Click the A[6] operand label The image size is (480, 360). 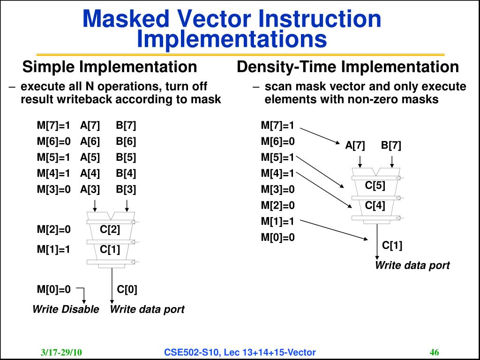(x=90, y=141)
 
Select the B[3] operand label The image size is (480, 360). (x=126, y=189)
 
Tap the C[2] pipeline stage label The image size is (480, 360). (x=110, y=230)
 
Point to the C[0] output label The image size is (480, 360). (x=127, y=289)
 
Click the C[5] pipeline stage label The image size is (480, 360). (x=375, y=186)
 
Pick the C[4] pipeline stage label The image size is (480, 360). (x=375, y=205)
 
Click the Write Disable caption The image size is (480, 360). (x=66, y=309)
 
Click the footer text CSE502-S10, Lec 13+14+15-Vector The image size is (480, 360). (x=240, y=352)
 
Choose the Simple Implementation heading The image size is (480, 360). (x=110, y=67)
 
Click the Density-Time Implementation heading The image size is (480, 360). (x=348, y=67)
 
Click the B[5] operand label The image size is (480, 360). (x=126, y=157)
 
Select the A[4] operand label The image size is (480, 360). (x=90, y=173)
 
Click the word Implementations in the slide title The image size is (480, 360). (x=232, y=39)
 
